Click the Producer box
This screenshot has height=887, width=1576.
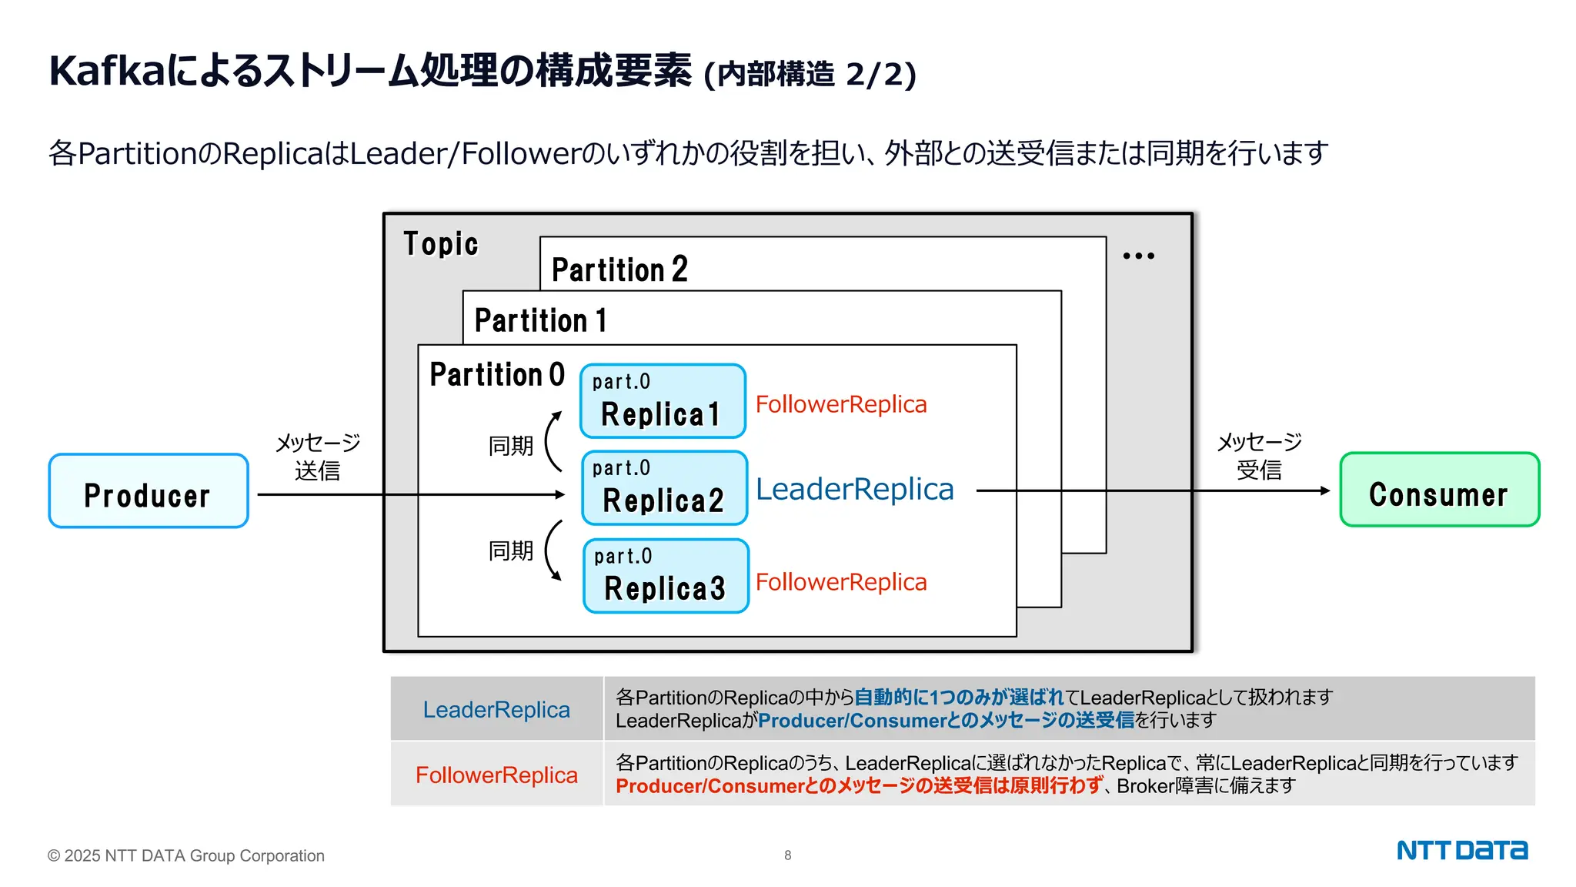(x=149, y=491)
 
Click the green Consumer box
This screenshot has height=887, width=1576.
(x=1439, y=490)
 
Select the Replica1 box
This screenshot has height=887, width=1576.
(x=663, y=401)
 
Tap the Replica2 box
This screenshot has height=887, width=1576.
(x=664, y=488)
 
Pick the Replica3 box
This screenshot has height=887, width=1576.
(x=666, y=576)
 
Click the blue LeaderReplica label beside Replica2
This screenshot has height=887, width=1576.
(x=854, y=490)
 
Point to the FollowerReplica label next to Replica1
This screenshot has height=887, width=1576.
(x=841, y=404)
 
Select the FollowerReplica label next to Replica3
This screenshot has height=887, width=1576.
(x=841, y=582)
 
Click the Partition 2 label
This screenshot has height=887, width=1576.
(x=619, y=269)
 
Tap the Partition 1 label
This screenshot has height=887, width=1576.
(x=540, y=320)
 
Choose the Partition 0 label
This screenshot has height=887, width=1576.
(x=497, y=375)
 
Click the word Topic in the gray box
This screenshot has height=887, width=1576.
(x=441, y=244)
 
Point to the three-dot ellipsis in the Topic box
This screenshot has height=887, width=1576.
(x=1138, y=256)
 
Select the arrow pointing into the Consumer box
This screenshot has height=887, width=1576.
(x=1154, y=490)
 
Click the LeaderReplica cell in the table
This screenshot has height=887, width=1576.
(x=496, y=709)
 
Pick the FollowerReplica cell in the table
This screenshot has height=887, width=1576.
(x=496, y=775)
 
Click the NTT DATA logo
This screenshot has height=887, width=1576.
(x=1462, y=850)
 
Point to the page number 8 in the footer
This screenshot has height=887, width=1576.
(x=787, y=855)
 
